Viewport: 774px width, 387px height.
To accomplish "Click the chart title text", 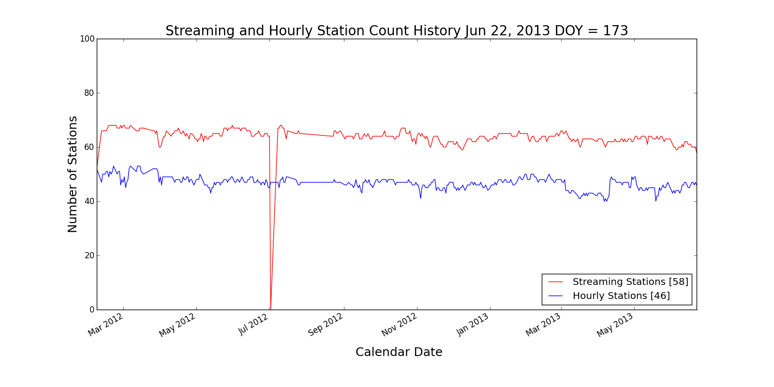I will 397,30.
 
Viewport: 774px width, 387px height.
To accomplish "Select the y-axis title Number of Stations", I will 73,174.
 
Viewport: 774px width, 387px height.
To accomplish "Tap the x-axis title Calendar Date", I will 399,352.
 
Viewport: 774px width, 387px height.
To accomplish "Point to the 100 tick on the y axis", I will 87,39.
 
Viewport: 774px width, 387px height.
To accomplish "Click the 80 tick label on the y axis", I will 89,93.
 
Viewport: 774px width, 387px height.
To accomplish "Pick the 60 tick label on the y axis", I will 89,147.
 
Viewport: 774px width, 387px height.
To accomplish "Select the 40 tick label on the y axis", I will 89,201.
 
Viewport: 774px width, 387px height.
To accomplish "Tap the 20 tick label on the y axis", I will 89,255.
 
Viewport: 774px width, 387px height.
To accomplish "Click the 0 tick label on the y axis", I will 91,310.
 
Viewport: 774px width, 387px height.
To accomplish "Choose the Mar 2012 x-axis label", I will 106,325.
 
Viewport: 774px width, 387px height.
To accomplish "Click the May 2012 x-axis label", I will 178,325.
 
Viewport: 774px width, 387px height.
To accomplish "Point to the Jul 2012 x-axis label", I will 253,325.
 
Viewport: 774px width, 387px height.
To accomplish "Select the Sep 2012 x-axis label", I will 326,325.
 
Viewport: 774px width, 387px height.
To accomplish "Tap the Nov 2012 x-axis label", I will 399,325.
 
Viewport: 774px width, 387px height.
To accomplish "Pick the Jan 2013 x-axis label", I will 473,325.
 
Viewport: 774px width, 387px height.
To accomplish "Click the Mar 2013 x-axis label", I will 543,325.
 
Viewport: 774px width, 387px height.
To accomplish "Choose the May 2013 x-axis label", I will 615,325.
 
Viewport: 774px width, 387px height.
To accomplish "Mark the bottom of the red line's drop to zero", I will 270,309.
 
